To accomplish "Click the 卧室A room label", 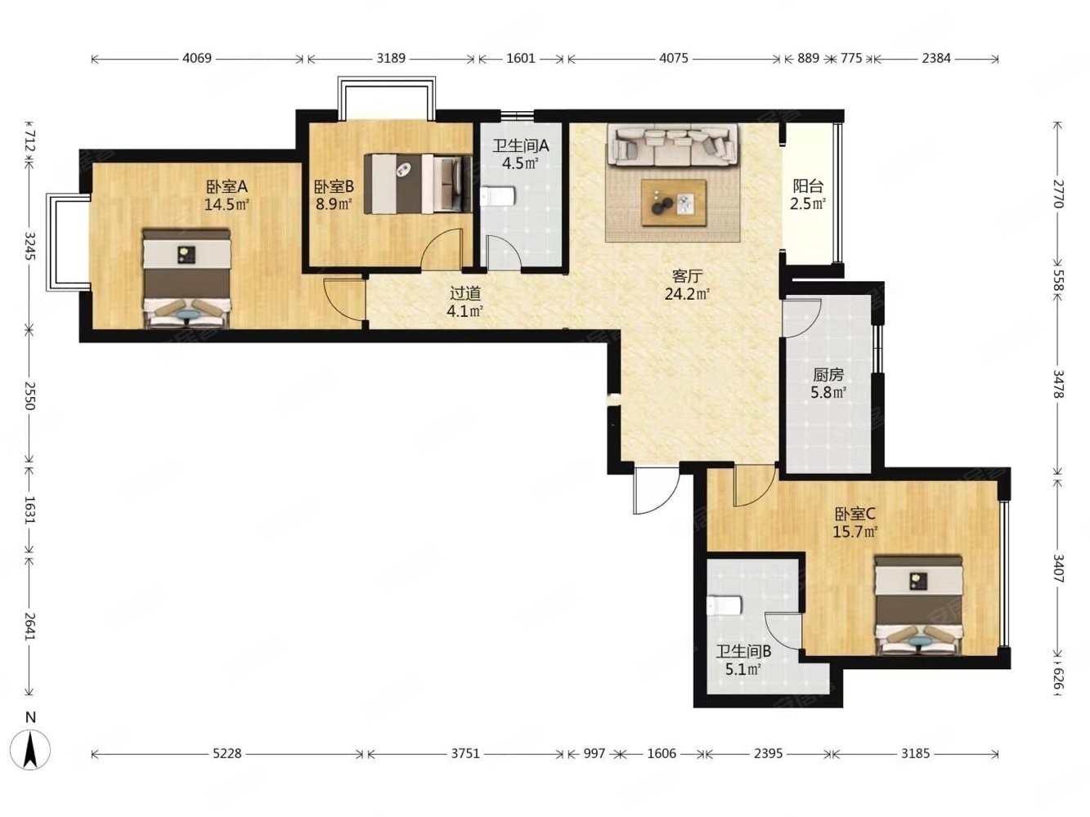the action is [227, 186].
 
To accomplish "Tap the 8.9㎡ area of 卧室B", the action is [334, 204].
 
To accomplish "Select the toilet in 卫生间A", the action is [498, 196].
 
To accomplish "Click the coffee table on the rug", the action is [673, 203].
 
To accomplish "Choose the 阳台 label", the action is [808, 186].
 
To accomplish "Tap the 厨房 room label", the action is [828, 374].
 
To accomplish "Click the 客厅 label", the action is [687, 276].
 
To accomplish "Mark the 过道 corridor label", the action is [465, 293].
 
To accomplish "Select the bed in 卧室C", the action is [918, 605].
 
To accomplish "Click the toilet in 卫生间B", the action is [724, 605].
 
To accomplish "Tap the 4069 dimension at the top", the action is [197, 59].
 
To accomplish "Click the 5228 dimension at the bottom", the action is [227, 754].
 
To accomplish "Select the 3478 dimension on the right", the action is [1056, 384].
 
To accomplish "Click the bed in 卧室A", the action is [187, 278].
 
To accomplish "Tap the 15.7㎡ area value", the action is [855, 532].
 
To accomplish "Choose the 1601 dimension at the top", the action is [521, 59].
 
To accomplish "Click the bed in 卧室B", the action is [418, 184].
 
